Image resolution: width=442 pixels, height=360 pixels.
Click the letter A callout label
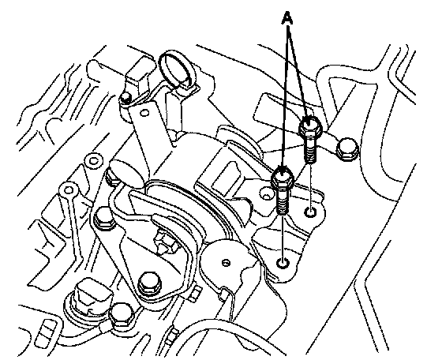[x=287, y=18]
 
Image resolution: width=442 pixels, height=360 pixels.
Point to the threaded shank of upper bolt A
[x=309, y=149]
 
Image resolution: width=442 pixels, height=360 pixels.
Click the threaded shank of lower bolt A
[x=283, y=201]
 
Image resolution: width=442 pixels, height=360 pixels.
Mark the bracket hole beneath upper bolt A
[x=310, y=212]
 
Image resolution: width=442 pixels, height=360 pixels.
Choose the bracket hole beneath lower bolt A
[x=283, y=263]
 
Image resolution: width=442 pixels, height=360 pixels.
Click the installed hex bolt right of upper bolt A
[x=347, y=149]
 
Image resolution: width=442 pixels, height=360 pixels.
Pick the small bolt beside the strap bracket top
[x=125, y=98]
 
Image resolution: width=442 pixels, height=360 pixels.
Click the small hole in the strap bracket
[x=145, y=113]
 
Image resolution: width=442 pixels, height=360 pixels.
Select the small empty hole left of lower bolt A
[x=265, y=193]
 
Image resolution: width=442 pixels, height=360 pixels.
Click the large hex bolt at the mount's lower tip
[x=150, y=283]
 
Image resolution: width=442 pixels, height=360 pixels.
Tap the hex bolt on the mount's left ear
[x=105, y=218]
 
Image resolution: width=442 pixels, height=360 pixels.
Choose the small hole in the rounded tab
[x=226, y=263]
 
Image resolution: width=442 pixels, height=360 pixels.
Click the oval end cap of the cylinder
[x=125, y=173]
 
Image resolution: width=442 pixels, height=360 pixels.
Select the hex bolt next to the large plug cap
[x=122, y=314]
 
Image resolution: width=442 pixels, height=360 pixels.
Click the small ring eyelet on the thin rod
[x=69, y=190]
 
